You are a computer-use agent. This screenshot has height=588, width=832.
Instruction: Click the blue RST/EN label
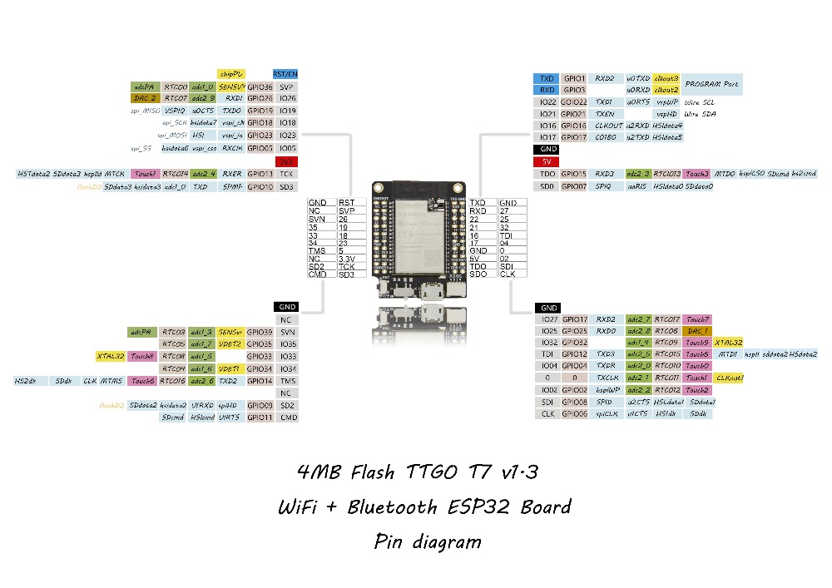click(285, 74)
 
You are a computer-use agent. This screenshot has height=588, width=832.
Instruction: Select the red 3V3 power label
click(286, 161)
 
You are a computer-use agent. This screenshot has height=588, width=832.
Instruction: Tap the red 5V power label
click(547, 161)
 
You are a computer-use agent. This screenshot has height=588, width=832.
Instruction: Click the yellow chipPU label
click(230, 74)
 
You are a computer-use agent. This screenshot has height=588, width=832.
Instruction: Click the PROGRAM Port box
click(712, 84)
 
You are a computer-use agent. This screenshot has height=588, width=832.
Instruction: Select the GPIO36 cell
click(260, 86)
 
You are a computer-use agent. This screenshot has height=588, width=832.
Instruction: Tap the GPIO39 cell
click(260, 331)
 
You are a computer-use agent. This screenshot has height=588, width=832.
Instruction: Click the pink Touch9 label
click(697, 343)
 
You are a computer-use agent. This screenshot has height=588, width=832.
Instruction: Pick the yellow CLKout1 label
click(729, 378)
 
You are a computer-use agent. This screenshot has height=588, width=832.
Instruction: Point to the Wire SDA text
click(701, 113)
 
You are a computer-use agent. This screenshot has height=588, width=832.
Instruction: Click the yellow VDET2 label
click(230, 343)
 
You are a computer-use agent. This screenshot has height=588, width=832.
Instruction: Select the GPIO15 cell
click(574, 174)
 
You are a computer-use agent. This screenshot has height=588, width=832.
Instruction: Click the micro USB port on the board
click(431, 292)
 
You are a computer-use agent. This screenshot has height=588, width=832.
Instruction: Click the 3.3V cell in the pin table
click(350, 259)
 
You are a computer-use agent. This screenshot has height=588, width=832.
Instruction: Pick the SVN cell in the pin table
click(320, 218)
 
